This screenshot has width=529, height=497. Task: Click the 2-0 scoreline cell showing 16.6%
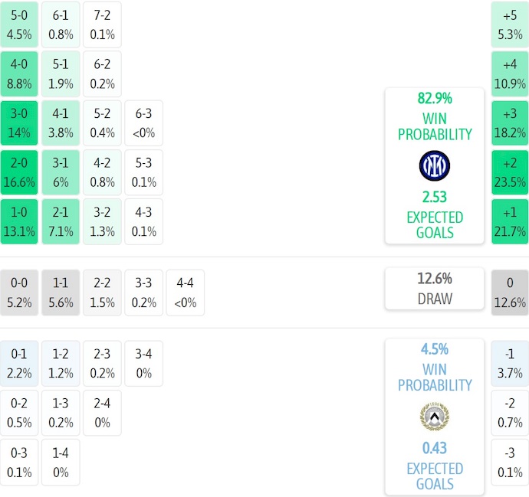click(x=19, y=173)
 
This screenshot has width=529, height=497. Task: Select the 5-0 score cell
click(x=19, y=25)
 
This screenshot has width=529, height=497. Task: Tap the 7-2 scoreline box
click(x=102, y=25)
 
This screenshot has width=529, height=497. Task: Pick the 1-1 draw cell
click(x=61, y=293)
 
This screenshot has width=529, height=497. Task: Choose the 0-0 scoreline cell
click(x=19, y=293)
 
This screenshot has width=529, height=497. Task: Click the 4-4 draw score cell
click(x=185, y=293)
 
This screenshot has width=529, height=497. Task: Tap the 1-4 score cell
click(x=61, y=463)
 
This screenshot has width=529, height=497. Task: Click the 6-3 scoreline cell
click(x=143, y=123)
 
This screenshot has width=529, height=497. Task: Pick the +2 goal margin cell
click(x=510, y=173)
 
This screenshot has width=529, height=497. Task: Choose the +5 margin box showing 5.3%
click(x=510, y=25)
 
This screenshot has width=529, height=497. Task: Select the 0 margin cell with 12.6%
click(x=510, y=293)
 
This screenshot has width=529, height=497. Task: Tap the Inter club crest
click(x=435, y=166)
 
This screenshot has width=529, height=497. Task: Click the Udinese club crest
click(x=435, y=417)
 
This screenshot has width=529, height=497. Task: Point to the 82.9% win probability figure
click(x=435, y=98)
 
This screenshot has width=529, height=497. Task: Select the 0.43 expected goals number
click(x=435, y=448)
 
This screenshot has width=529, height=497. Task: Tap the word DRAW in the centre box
click(x=435, y=299)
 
